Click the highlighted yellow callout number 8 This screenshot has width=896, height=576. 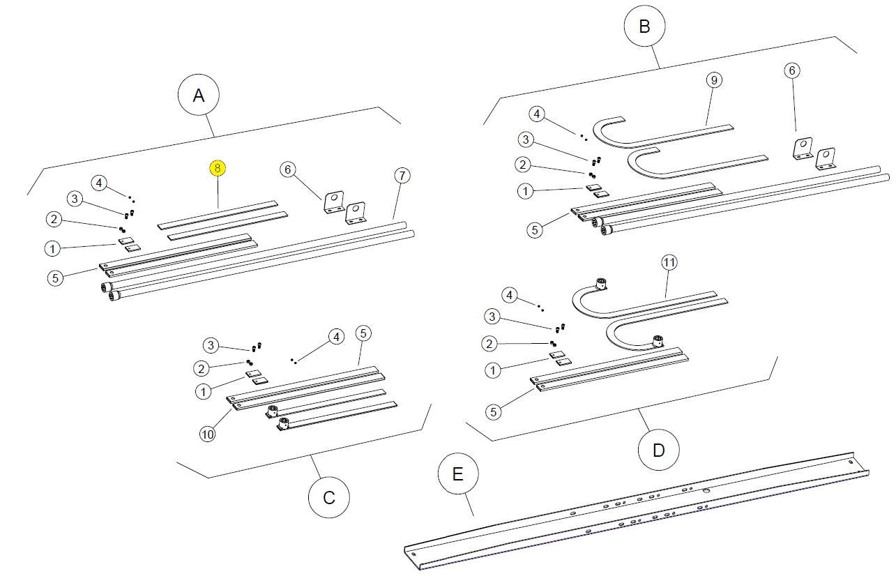tap(218, 168)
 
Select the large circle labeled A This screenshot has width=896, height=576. tap(199, 96)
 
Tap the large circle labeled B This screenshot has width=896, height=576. tap(644, 26)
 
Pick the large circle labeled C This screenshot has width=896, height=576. tap(329, 497)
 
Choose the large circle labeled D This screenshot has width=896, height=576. tap(659, 450)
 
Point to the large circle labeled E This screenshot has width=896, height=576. tap(458, 474)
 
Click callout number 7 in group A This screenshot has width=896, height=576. tap(401, 174)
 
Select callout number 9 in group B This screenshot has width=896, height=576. tap(713, 80)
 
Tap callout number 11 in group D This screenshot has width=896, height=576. tap(669, 262)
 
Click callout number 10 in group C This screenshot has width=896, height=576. tap(207, 434)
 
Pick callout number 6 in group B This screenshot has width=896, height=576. tap(791, 70)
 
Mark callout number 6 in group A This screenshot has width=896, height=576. tap(287, 169)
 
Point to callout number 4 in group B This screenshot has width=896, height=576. tap(536, 113)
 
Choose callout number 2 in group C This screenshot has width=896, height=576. tap(202, 367)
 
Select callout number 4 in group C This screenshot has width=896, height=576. tap(336, 337)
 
